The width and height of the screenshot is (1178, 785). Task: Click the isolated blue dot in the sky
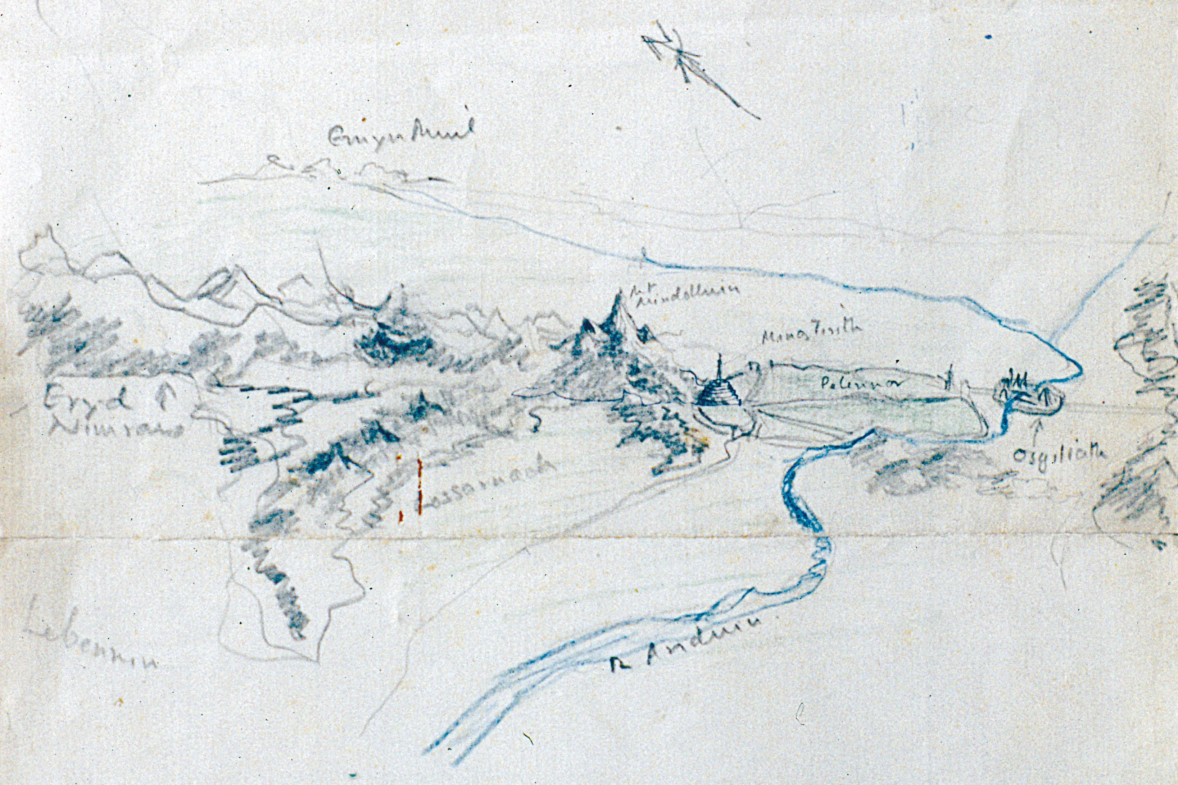click(988, 37)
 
